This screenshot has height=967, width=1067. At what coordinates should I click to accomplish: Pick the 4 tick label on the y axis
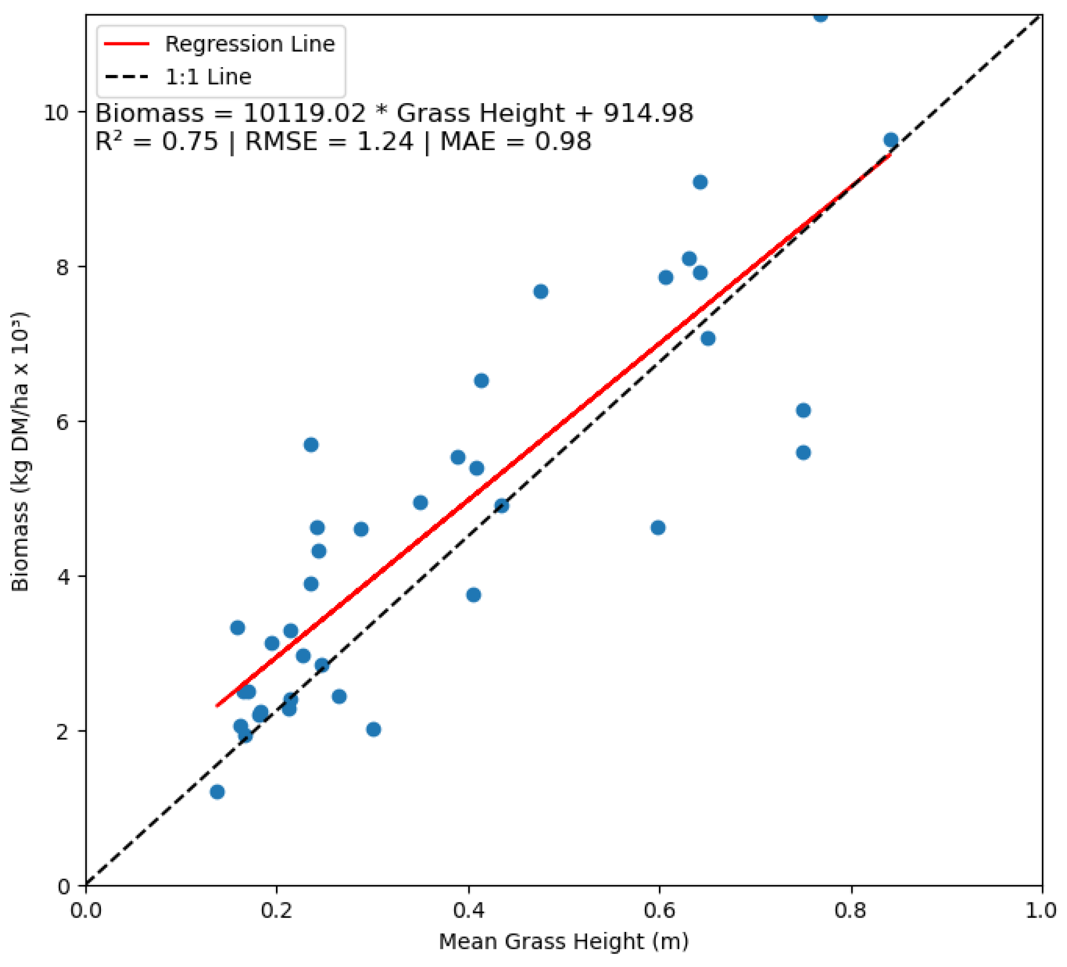tap(63, 576)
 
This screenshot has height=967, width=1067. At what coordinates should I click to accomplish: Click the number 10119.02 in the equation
tap(304, 113)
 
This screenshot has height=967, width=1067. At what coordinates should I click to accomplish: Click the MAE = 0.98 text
tap(516, 141)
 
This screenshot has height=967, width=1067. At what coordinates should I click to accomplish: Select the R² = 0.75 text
tap(156, 141)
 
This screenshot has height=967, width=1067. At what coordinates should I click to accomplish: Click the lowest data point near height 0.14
tap(217, 792)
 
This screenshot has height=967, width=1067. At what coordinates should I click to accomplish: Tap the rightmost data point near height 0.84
tap(891, 140)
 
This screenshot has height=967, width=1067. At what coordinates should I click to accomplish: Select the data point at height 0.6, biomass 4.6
tap(658, 528)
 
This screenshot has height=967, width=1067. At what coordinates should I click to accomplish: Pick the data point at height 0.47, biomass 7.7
tap(540, 292)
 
